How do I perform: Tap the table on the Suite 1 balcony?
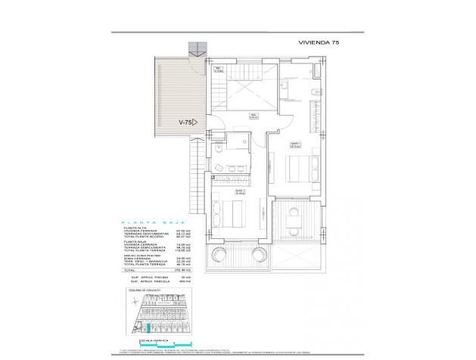(x=294, y=221)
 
